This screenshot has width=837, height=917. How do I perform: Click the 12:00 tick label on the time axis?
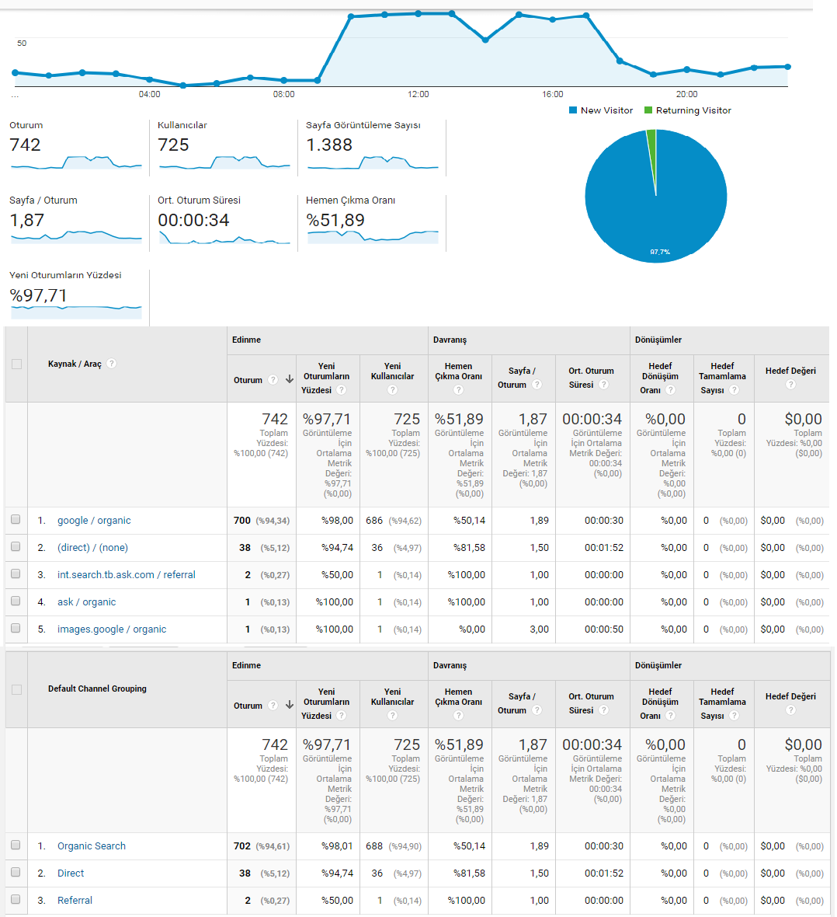418,94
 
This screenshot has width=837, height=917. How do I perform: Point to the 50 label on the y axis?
22,44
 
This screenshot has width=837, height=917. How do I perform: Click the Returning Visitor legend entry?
687,110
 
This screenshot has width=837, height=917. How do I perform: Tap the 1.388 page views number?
329,145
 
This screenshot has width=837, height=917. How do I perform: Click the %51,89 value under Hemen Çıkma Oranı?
335,220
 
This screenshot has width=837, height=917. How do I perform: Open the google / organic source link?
94,521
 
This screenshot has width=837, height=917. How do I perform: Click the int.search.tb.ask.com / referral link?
127,575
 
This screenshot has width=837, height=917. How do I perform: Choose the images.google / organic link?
112,629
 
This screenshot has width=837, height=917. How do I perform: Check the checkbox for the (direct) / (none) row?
16,547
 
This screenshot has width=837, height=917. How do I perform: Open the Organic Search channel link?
91,846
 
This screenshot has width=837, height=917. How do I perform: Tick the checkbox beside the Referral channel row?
16,899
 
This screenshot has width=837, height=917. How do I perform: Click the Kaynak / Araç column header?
75,364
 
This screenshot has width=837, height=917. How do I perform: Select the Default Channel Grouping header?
97,689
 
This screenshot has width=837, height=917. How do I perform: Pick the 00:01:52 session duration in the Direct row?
604,873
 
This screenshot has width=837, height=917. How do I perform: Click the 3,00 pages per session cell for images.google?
539,629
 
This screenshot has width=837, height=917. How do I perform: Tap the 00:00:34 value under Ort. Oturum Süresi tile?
193,220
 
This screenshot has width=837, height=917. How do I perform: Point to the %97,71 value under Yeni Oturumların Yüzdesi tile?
38,295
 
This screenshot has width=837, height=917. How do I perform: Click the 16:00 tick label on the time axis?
552,94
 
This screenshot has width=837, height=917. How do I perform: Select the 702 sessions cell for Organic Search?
242,846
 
